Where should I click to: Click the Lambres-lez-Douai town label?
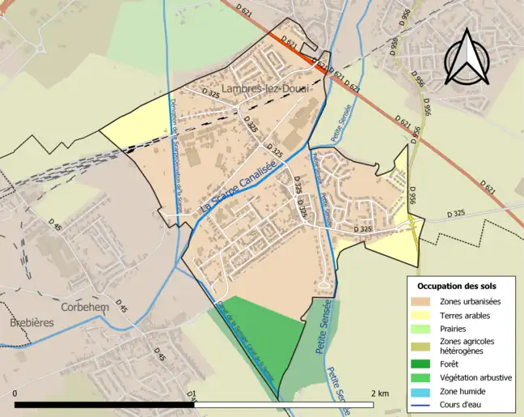pyautogui.click(x=264, y=87)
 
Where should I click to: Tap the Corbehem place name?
pyautogui.click(x=84, y=308)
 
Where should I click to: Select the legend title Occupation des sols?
pyautogui.click(x=457, y=287)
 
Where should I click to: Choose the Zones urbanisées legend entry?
pyautogui.click(x=470, y=301)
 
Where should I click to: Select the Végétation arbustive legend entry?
pyautogui.click(x=475, y=377)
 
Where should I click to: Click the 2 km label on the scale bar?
pyautogui.click(x=379, y=394)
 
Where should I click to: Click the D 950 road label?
pyautogui.click(x=395, y=45)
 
